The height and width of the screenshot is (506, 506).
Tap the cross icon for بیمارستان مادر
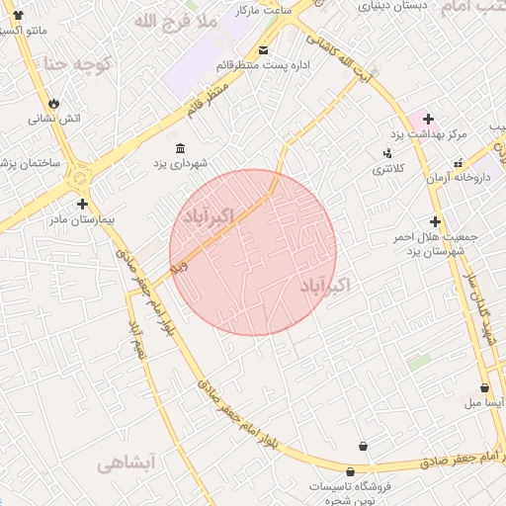click(81, 203)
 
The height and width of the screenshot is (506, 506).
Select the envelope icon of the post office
click(262, 50)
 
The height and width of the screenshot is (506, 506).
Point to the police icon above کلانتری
click(387, 154)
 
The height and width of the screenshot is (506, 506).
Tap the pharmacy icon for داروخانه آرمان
click(458, 163)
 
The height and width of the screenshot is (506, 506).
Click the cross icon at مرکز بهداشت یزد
click(427, 119)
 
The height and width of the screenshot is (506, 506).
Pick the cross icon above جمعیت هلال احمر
click(435, 221)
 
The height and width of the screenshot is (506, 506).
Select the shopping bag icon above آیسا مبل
click(484, 388)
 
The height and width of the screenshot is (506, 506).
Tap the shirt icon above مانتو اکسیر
click(17, 14)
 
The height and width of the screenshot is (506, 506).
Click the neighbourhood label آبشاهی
click(126, 462)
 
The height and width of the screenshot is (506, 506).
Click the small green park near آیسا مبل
click(420, 363)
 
